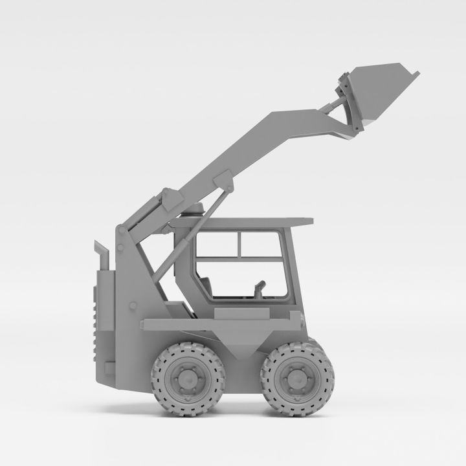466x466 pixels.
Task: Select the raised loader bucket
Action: pyautogui.click(x=382, y=91)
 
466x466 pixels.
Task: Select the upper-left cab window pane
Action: pyautogui.click(x=217, y=244)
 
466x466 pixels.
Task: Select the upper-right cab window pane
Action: pyautogui.click(x=260, y=244)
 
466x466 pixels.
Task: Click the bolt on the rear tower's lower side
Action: pyautogui.click(x=133, y=305)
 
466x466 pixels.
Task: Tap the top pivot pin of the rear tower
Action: pyautogui.click(x=122, y=230)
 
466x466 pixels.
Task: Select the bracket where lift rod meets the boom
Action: pyautogui.click(x=223, y=181)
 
